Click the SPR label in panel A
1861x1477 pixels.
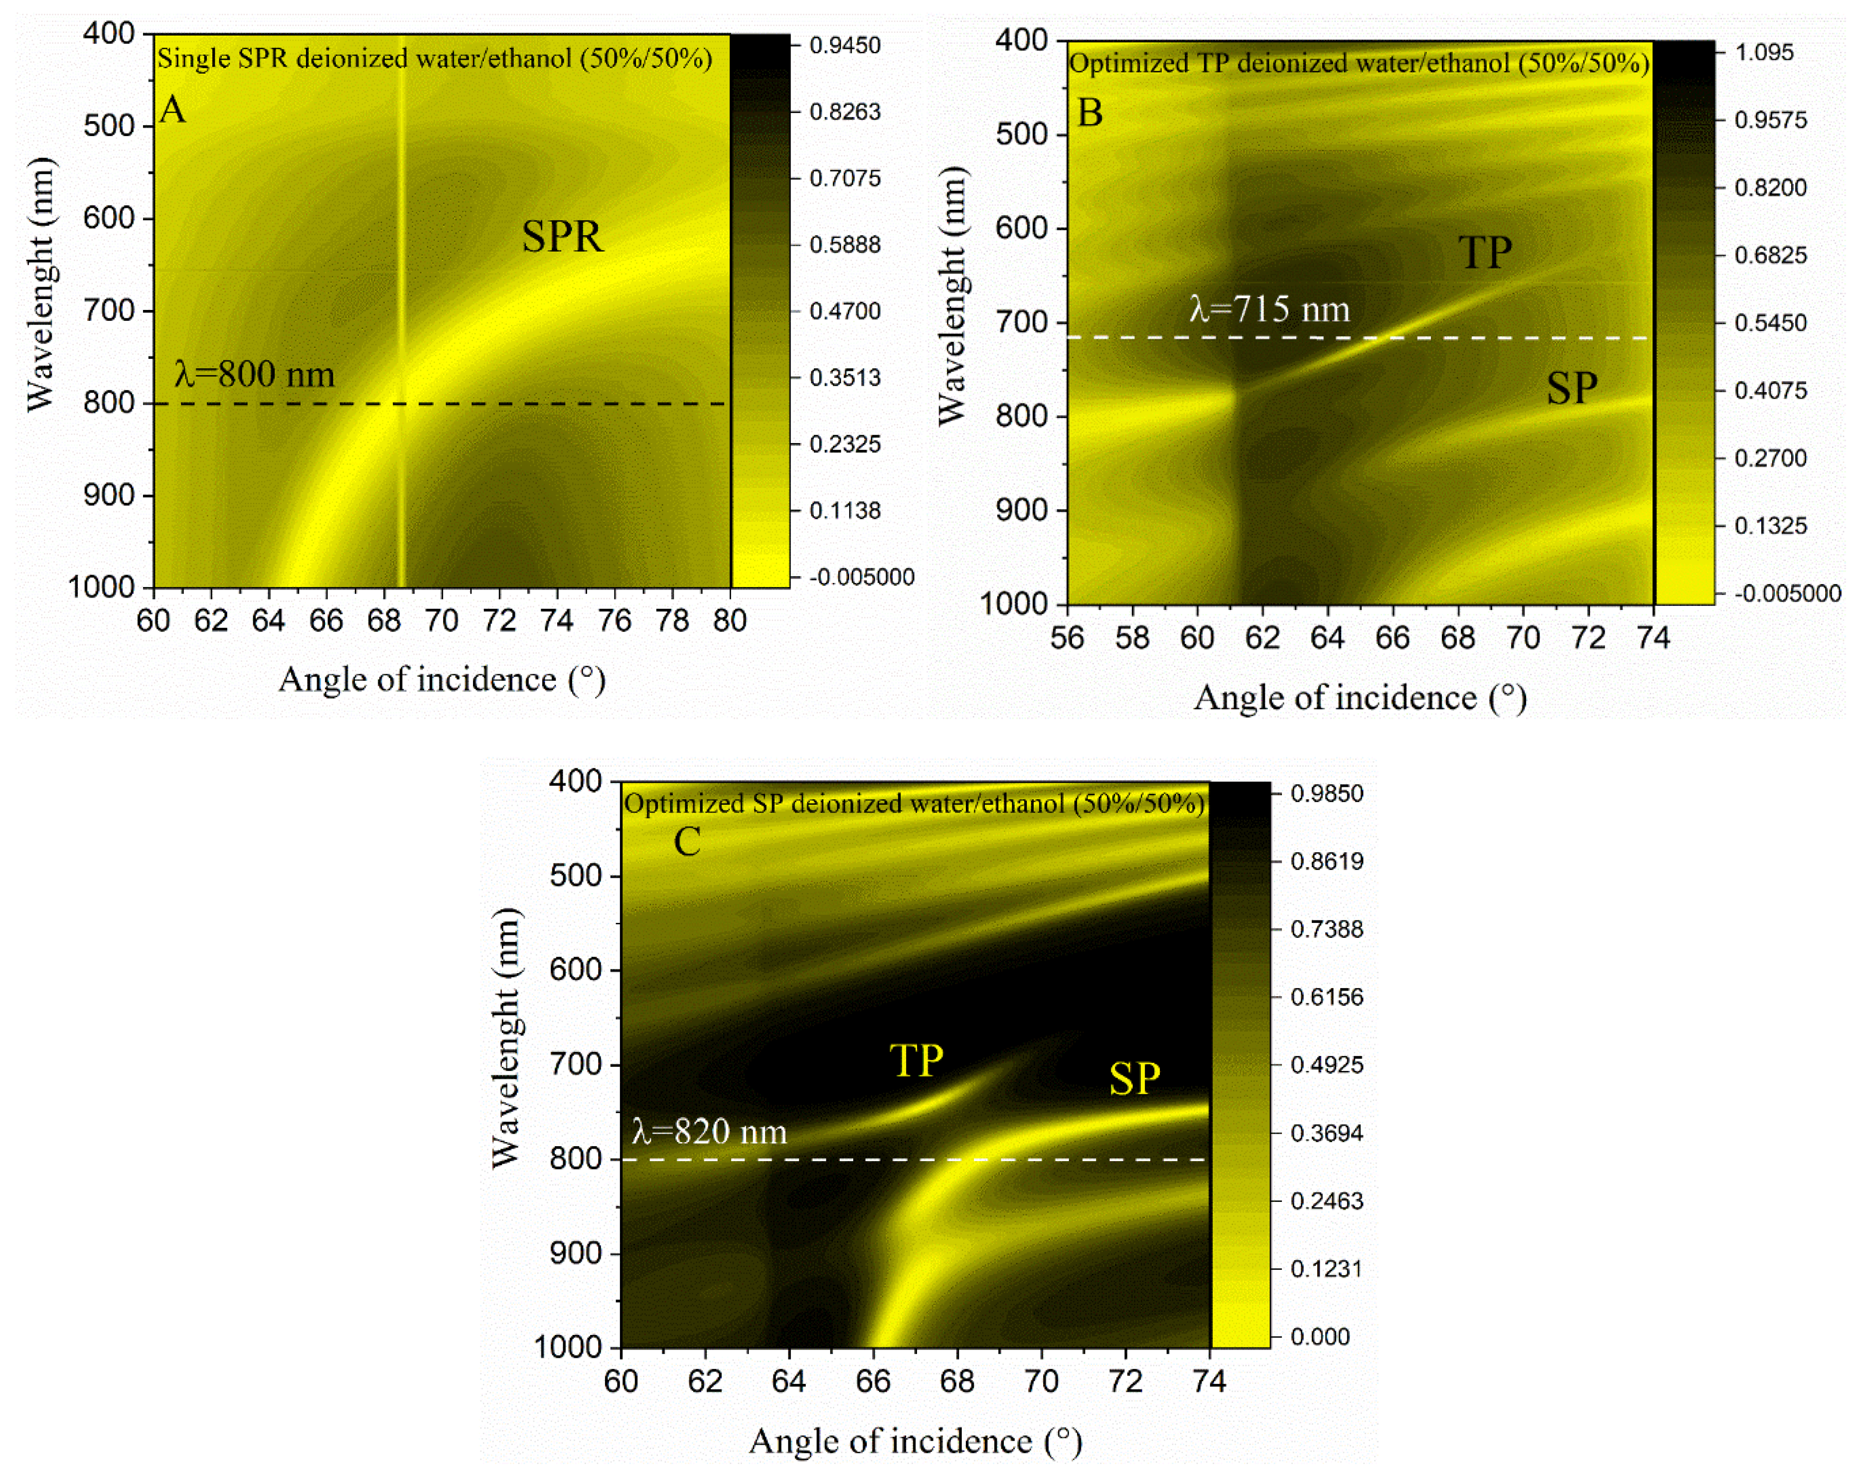[562, 237]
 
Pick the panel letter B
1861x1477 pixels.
[1089, 113]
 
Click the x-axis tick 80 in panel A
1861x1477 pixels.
[729, 620]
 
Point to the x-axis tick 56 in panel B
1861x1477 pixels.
[1067, 638]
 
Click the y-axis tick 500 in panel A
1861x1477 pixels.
[109, 126]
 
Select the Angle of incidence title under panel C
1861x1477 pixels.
[915, 1441]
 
